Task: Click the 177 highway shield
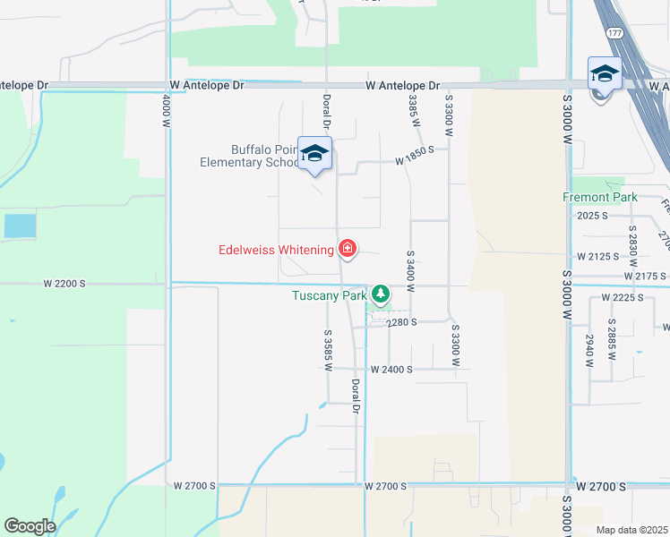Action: [x=614, y=32]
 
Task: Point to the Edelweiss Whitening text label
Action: [x=276, y=250]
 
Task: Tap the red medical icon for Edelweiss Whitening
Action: [x=347, y=250]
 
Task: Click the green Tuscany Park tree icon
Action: [x=381, y=293]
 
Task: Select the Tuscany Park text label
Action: [x=329, y=294]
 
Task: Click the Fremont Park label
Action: [x=599, y=197]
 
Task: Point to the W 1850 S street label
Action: [x=415, y=162]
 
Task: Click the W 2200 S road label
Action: [x=64, y=283]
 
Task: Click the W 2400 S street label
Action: [x=391, y=369]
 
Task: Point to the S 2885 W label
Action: [x=613, y=339]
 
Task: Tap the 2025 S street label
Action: [x=592, y=216]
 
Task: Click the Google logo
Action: [x=30, y=526]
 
